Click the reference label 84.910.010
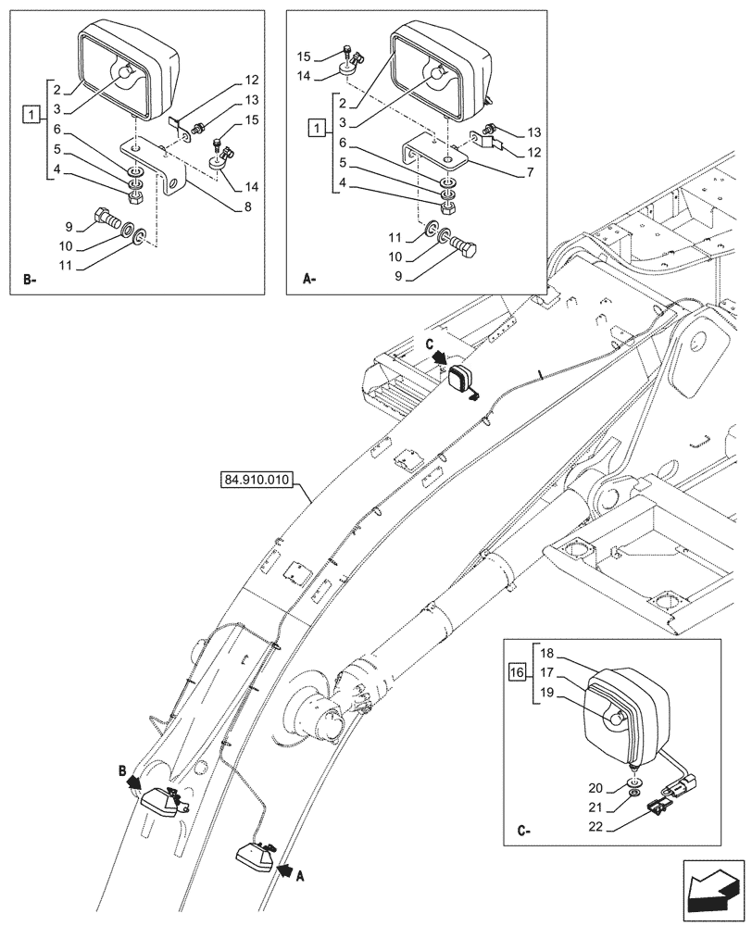coord(257,480)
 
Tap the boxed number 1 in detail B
coord(31,115)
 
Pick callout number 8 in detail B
coord(247,208)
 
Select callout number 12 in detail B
coord(251,80)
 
